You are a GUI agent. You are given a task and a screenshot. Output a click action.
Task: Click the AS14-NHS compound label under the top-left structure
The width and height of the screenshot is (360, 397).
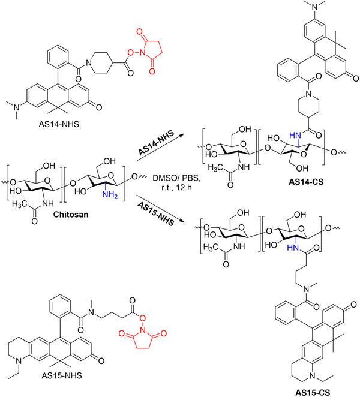59,124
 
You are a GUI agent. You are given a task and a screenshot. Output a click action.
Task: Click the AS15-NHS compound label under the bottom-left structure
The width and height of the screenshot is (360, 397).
62,375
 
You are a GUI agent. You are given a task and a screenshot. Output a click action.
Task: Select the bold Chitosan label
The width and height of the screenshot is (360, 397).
71,215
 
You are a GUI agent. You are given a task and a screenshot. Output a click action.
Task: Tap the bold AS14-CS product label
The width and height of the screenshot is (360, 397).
306,182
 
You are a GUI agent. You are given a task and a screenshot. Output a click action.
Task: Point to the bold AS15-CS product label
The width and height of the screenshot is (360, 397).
313,392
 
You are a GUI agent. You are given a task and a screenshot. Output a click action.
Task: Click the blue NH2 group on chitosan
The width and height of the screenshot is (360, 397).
110,195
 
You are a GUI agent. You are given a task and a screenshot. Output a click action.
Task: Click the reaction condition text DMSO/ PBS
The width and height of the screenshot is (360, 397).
176,178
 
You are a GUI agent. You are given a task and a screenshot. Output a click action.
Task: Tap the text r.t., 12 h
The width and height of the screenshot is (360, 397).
176,188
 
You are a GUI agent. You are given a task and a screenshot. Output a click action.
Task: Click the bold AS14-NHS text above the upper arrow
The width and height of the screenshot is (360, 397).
157,143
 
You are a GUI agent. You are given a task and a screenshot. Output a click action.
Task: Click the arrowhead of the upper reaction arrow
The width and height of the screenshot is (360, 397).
181,135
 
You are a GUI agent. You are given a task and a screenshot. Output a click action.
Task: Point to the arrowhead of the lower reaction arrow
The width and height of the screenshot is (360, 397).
181,221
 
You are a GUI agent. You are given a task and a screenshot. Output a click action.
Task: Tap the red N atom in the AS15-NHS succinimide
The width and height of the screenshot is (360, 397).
143,330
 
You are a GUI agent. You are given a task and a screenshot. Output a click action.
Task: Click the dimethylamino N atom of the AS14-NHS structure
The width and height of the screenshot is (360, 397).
17,107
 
